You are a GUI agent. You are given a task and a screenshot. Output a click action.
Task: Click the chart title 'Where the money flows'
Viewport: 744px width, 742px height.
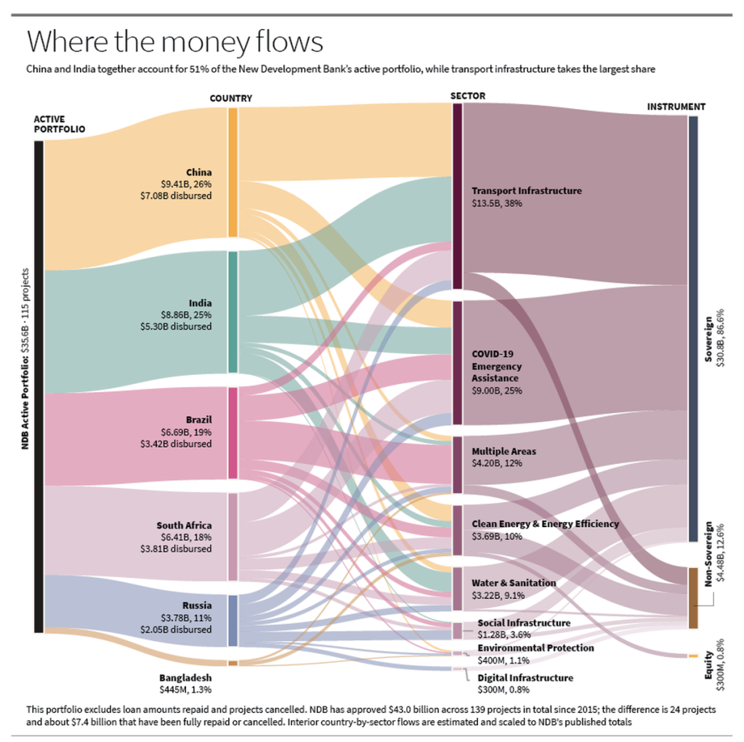click(174, 41)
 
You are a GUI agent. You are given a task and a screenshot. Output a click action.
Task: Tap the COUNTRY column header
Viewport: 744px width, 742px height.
click(231, 98)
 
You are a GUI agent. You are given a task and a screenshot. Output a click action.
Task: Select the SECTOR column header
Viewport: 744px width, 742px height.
click(468, 96)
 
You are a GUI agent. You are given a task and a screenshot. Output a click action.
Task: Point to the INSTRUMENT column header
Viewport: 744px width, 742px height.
click(676, 107)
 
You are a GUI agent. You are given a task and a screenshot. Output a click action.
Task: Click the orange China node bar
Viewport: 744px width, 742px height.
click(232, 172)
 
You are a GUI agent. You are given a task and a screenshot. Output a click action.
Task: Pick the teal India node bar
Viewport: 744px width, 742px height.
click(232, 312)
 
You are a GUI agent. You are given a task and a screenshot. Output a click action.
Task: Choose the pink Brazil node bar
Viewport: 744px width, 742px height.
click(232, 433)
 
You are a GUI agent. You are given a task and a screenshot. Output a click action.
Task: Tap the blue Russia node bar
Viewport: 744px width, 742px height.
click(232, 621)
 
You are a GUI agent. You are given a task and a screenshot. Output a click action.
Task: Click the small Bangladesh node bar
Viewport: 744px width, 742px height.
click(232, 664)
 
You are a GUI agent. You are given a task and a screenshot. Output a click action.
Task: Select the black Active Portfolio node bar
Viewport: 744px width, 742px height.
click(39, 386)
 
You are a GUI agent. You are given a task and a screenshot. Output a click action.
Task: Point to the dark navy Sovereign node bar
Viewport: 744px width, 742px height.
click(692, 329)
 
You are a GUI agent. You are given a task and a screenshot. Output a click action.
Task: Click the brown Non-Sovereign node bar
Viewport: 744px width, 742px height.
click(692, 598)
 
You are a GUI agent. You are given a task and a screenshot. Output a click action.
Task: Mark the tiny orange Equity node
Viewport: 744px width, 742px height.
click(692, 656)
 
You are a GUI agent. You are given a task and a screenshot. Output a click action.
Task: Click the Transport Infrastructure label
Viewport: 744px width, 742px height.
click(527, 191)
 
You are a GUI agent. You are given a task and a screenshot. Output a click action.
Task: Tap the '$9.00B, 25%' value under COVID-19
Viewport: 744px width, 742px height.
click(497, 391)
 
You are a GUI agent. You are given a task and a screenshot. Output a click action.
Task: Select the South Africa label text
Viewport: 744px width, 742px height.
click(184, 526)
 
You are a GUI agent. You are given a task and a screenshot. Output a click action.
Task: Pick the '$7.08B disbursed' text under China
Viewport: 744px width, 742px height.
click(176, 195)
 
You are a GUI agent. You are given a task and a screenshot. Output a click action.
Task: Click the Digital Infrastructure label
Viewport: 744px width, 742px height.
click(525, 677)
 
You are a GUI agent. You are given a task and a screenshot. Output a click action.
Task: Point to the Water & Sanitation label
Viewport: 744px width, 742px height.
click(514, 583)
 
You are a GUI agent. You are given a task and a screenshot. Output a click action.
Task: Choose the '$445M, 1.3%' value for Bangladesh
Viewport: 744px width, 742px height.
click(185, 690)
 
